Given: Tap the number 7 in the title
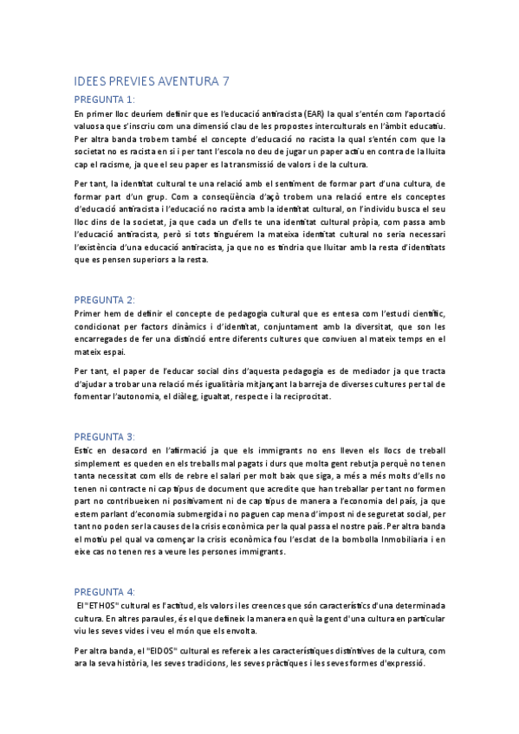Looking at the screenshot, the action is tap(226, 81).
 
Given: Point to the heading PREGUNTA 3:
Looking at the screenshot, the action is tap(105, 436).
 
